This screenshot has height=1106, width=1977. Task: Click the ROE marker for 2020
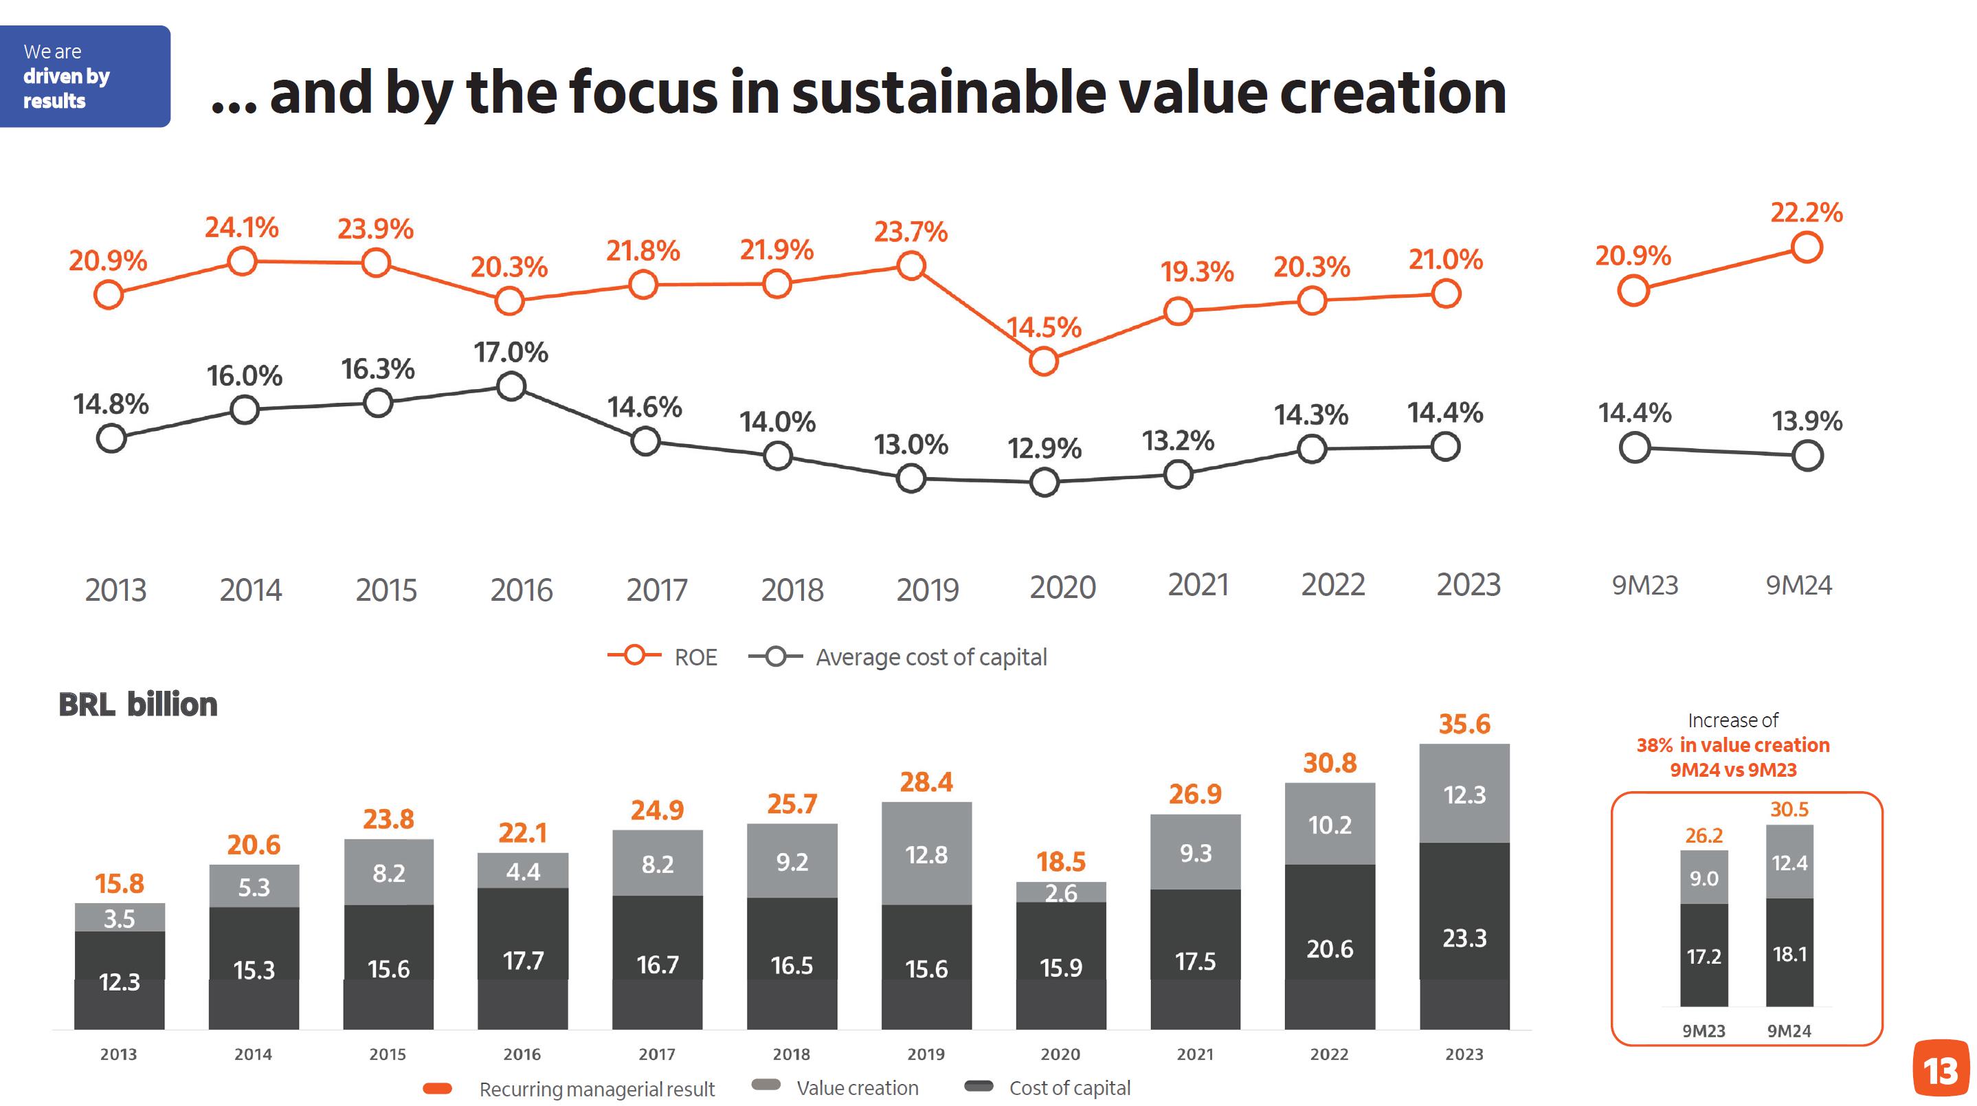1043,361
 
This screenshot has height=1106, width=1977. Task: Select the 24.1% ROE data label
241,228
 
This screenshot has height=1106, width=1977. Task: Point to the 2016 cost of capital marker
511,386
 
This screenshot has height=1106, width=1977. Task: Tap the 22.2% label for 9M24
1806,212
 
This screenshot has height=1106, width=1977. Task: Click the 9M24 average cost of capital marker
1807,456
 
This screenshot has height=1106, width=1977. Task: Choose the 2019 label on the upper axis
927,590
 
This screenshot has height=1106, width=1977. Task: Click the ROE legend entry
662,657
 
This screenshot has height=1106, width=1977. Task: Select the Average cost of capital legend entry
897,657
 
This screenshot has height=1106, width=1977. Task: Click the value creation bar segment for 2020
1060,892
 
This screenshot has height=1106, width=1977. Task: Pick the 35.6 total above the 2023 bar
1464,724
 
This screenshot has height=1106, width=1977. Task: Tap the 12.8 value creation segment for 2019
926,854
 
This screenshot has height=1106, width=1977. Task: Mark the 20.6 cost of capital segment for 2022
1329,949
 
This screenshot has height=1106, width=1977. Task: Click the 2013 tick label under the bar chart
118,1054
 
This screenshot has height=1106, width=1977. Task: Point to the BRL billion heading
138,705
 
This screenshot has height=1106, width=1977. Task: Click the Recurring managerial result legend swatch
438,1088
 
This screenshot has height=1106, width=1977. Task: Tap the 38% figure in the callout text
1654,745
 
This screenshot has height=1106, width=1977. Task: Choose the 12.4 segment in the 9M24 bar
1789,863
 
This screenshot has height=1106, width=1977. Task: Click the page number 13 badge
1940,1069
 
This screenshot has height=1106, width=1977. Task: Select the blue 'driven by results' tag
85,76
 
